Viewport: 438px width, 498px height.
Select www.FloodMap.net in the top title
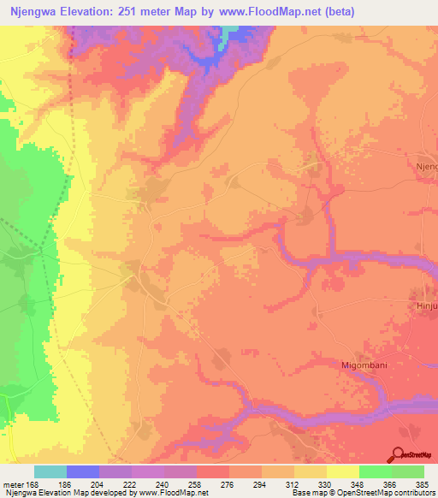(x=268, y=11)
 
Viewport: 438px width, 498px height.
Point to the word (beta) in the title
(x=335, y=11)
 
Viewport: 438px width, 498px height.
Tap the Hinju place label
(x=426, y=304)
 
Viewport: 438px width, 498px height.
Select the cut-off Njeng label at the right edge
(x=426, y=166)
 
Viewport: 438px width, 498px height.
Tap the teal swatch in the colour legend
(x=50, y=471)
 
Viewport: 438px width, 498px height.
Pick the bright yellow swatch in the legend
(x=342, y=471)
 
